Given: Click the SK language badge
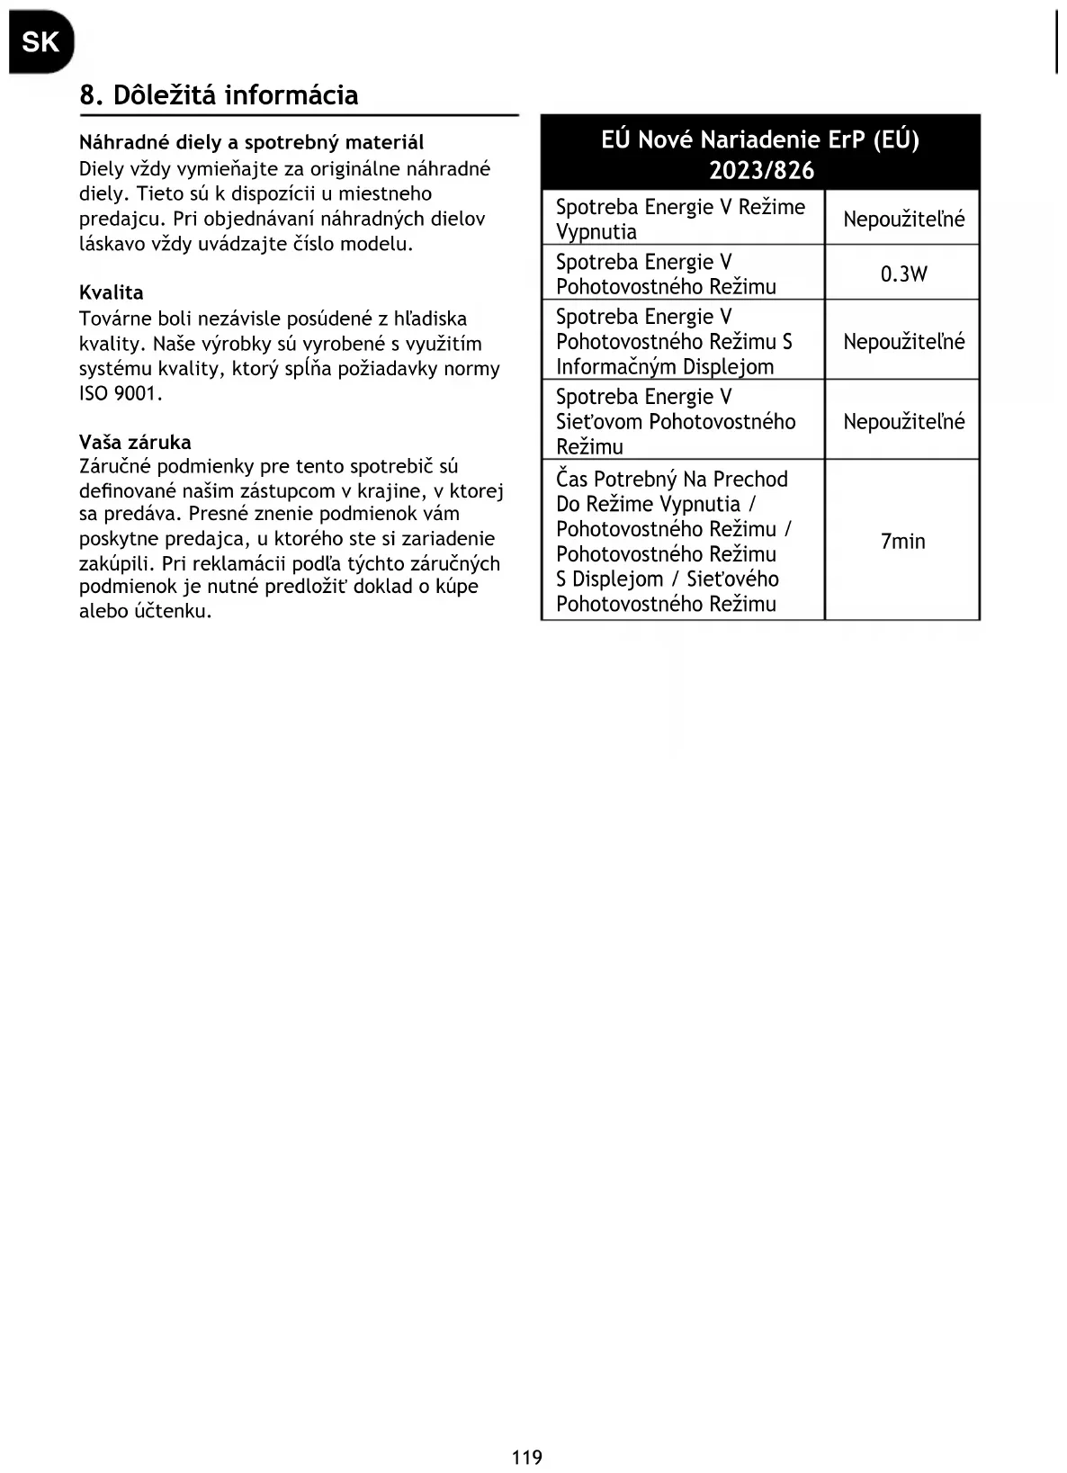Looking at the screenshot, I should click(x=40, y=41).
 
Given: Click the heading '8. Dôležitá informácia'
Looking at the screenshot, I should click(x=219, y=94).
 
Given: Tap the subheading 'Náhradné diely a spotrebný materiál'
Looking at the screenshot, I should click(x=251, y=142).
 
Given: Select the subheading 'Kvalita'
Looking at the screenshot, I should click(x=111, y=292).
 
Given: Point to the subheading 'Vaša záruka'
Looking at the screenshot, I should click(x=135, y=442).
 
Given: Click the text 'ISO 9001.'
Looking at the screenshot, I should click(x=121, y=393).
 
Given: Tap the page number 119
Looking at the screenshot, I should click(x=527, y=1457).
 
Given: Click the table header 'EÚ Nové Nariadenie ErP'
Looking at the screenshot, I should click(x=760, y=139).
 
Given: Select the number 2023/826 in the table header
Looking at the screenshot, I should click(x=761, y=170).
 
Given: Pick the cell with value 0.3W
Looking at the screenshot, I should click(x=903, y=274).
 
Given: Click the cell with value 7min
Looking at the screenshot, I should click(x=902, y=541).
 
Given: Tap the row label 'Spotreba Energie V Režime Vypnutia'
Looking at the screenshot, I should click(x=680, y=219).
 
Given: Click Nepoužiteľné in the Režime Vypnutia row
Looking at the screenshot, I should click(x=903, y=219).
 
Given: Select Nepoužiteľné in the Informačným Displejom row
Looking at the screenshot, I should click(x=903, y=341).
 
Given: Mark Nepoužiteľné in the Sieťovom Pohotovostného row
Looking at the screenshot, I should click(x=903, y=421).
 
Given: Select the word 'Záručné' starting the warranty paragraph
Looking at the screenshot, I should click(x=114, y=466).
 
